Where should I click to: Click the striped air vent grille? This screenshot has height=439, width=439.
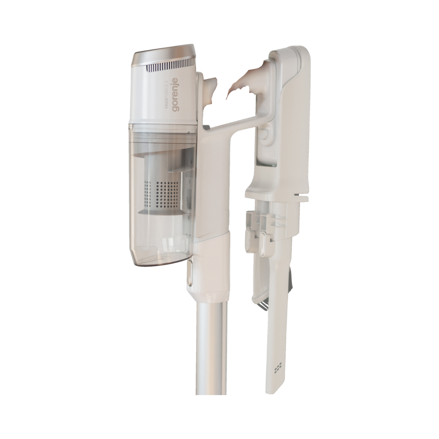click(x=171, y=67)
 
